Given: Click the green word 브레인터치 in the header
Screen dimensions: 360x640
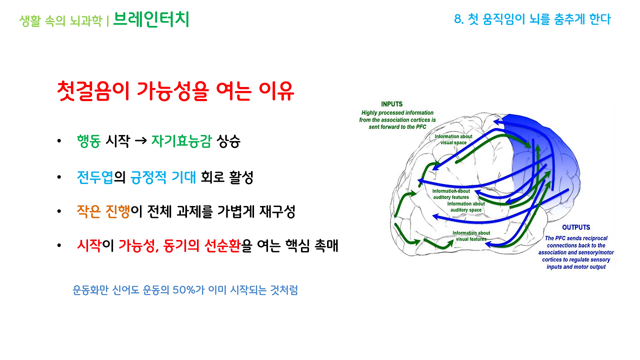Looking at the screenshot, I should click(x=151, y=19).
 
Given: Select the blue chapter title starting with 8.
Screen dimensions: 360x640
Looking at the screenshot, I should click(x=532, y=19).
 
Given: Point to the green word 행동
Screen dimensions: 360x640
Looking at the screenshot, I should click(x=89, y=141).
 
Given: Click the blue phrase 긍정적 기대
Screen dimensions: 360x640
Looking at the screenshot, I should click(x=163, y=177).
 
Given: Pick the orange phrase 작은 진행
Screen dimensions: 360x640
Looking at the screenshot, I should click(x=103, y=211).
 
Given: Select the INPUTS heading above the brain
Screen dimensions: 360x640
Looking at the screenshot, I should click(x=391, y=104).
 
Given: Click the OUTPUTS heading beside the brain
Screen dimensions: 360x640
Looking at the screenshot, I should click(x=575, y=227).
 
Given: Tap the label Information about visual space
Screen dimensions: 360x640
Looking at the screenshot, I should click(x=453, y=139).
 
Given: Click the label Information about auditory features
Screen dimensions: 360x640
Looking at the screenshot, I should click(x=451, y=194).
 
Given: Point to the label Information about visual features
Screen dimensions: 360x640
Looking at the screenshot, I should click(x=471, y=236).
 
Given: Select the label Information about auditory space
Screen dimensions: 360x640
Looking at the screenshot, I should click(x=465, y=207).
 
